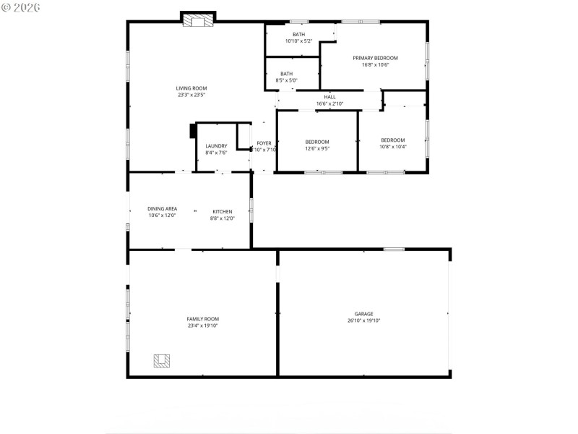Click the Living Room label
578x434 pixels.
click(191, 88)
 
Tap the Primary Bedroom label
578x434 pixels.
click(375, 58)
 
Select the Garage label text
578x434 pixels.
click(363, 314)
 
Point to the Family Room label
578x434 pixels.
click(202, 319)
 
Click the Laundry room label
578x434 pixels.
click(216, 146)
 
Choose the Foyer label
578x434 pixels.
click(264, 143)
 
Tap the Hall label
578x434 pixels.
click(329, 97)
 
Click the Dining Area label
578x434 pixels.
click(163, 208)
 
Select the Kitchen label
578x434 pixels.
click(222, 211)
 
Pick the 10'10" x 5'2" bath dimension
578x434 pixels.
click(298, 41)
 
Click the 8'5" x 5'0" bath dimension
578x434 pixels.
click(287, 80)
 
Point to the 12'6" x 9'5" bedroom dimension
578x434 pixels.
click(317, 149)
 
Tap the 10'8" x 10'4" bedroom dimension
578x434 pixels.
click(393, 147)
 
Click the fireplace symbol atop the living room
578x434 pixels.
click(198, 21)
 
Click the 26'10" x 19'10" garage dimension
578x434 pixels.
click(363, 320)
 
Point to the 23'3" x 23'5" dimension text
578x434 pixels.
click(191, 95)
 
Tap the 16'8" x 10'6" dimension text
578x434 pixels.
click(375, 65)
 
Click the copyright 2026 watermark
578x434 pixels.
click(21, 7)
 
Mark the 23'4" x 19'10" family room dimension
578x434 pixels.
click(202, 325)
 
